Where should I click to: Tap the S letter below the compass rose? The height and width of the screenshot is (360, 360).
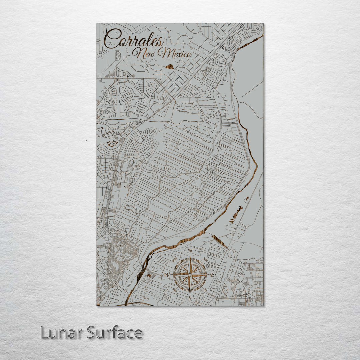tap(189, 298)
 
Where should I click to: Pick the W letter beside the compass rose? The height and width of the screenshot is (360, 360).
tap(167, 275)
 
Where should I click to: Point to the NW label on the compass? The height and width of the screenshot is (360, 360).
tap(174, 259)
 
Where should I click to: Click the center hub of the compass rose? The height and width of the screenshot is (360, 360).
tap(190, 275)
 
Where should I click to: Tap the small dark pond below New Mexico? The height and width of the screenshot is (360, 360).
tap(170, 67)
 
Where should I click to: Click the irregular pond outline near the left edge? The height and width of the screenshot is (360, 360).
tap(112, 144)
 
